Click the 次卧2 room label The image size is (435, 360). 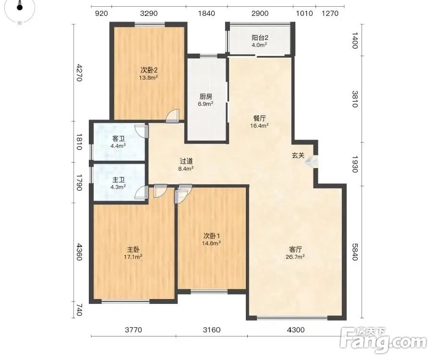pos(149,70)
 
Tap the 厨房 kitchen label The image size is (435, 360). pos(205,96)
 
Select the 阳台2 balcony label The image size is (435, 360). pos(260,37)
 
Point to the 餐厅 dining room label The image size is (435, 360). pos(259,119)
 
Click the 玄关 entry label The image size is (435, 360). pos(298,156)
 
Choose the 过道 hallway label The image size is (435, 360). pos(186,161)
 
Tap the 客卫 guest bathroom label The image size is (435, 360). pos(119,138)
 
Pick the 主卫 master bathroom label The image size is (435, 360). pos(119,180)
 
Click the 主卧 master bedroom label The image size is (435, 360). pos(133,250)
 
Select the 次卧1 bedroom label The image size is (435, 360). pos(212,236)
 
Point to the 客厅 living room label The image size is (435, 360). pos(295,250)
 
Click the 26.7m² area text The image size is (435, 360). pos(295,257)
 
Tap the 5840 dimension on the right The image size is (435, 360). pos(355,252)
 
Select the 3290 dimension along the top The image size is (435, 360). pos(149,13)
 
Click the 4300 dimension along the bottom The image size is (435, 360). pos(296,330)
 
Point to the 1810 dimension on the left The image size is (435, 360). pos(79,142)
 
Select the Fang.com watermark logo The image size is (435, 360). pos(384,340)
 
